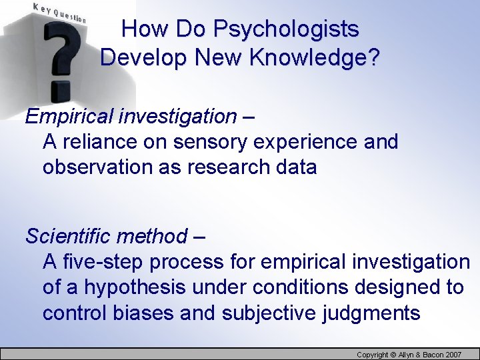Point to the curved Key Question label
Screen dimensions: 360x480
point(59,13)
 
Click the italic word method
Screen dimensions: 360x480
point(158,236)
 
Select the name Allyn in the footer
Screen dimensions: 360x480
point(406,355)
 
